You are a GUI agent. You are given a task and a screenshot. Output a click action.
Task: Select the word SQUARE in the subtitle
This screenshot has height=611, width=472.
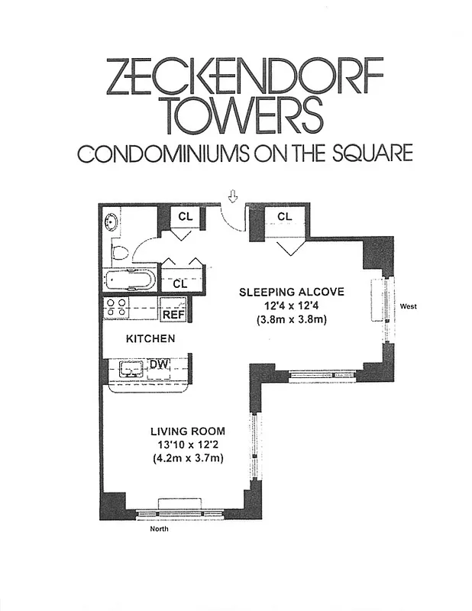(370, 154)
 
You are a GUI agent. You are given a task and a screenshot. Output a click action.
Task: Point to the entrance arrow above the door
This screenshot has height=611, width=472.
(233, 198)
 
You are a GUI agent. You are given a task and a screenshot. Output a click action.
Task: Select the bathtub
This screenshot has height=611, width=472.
(131, 279)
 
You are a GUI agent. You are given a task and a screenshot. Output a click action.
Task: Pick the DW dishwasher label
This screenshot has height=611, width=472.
(159, 365)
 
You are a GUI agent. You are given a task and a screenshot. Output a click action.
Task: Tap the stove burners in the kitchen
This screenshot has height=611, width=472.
(116, 308)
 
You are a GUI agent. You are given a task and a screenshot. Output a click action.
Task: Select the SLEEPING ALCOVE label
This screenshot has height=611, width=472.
(292, 292)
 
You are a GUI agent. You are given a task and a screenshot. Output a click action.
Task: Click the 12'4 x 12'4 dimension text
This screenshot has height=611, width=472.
(293, 306)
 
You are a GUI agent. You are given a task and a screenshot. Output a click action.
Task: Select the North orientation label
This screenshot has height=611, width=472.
(158, 528)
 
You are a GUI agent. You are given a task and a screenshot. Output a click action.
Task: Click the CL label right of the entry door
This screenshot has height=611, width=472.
(285, 217)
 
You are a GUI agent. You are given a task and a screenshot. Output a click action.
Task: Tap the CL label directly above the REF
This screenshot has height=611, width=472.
(180, 283)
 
